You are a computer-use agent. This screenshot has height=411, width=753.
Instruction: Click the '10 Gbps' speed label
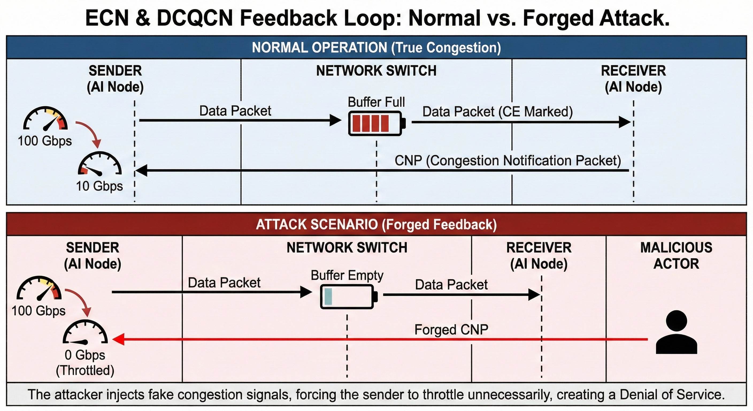(x=99, y=186)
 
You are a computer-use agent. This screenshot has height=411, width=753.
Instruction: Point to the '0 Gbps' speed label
(x=85, y=355)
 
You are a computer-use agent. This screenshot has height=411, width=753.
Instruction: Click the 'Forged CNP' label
(x=451, y=330)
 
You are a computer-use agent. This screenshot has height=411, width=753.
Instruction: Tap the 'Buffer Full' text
(x=376, y=102)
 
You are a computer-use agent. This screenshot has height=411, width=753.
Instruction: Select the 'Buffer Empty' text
(x=347, y=276)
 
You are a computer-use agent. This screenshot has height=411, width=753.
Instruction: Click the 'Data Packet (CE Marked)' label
(x=498, y=112)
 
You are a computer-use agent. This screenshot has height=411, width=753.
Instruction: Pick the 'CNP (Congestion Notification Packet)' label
(x=508, y=161)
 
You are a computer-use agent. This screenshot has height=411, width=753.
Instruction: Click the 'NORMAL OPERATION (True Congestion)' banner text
(x=376, y=48)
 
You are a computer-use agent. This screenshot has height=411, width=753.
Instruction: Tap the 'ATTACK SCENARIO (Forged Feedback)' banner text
(x=376, y=225)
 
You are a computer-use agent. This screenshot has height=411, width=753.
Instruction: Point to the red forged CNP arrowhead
(x=118, y=339)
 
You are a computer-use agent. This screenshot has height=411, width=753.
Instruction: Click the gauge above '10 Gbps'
(x=100, y=164)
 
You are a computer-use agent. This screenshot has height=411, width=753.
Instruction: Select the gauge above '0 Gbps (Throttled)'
(x=85, y=332)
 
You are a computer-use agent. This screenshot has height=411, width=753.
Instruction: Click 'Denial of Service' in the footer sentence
(x=672, y=395)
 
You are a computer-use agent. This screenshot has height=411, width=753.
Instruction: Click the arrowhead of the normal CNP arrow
(x=141, y=170)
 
